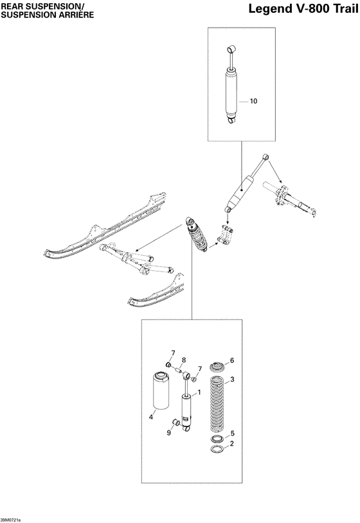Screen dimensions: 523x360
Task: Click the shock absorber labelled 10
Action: coord(231,93)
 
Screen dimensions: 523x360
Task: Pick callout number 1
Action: coord(200,392)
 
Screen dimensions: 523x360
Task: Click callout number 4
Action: coord(151,416)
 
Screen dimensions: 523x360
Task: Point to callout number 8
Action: coord(183,360)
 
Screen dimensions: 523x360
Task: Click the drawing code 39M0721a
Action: coord(11,519)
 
